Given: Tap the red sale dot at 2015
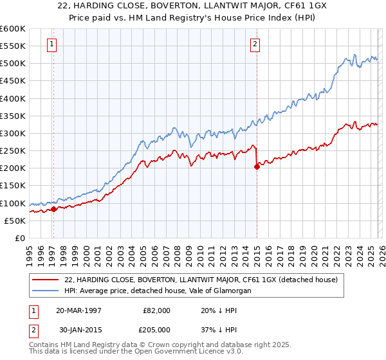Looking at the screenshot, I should pyautogui.click(x=257, y=166).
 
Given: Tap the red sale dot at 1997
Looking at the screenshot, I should pyautogui.click(x=54, y=209).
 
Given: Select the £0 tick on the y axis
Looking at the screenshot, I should pyautogui.click(x=21, y=238).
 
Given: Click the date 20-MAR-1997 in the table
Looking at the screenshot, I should pyautogui.click(x=81, y=310).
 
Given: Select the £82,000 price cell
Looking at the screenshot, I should pyautogui.click(x=157, y=310).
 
